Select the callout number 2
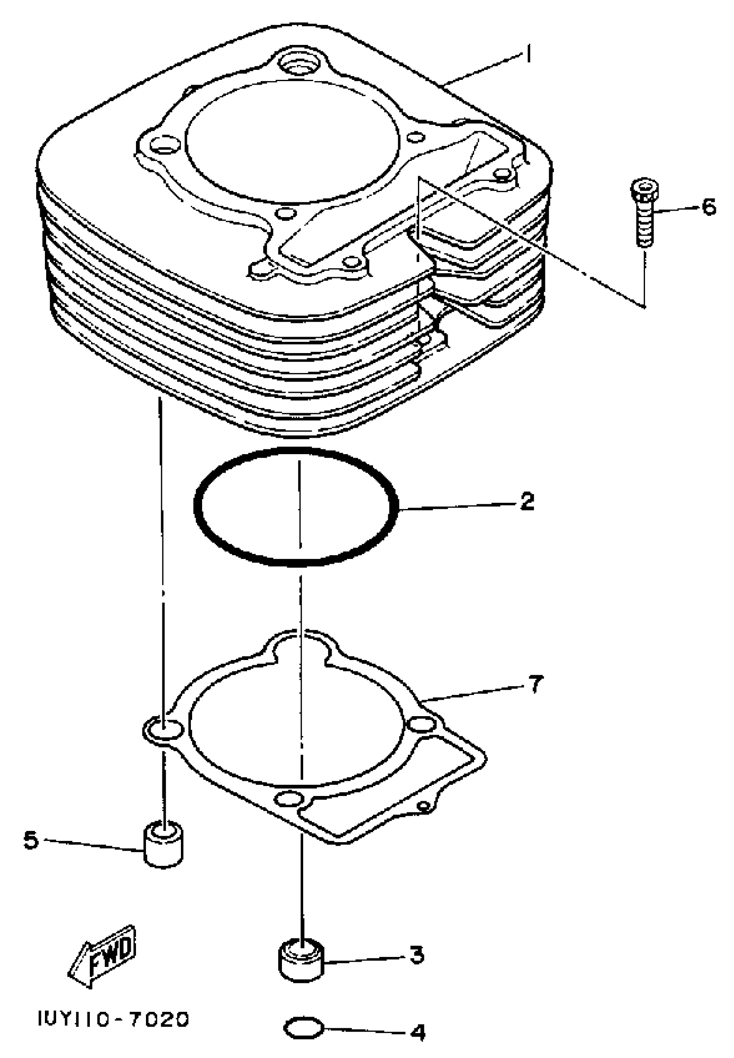(527, 501)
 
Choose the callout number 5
(31, 841)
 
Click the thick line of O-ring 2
(198, 506)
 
